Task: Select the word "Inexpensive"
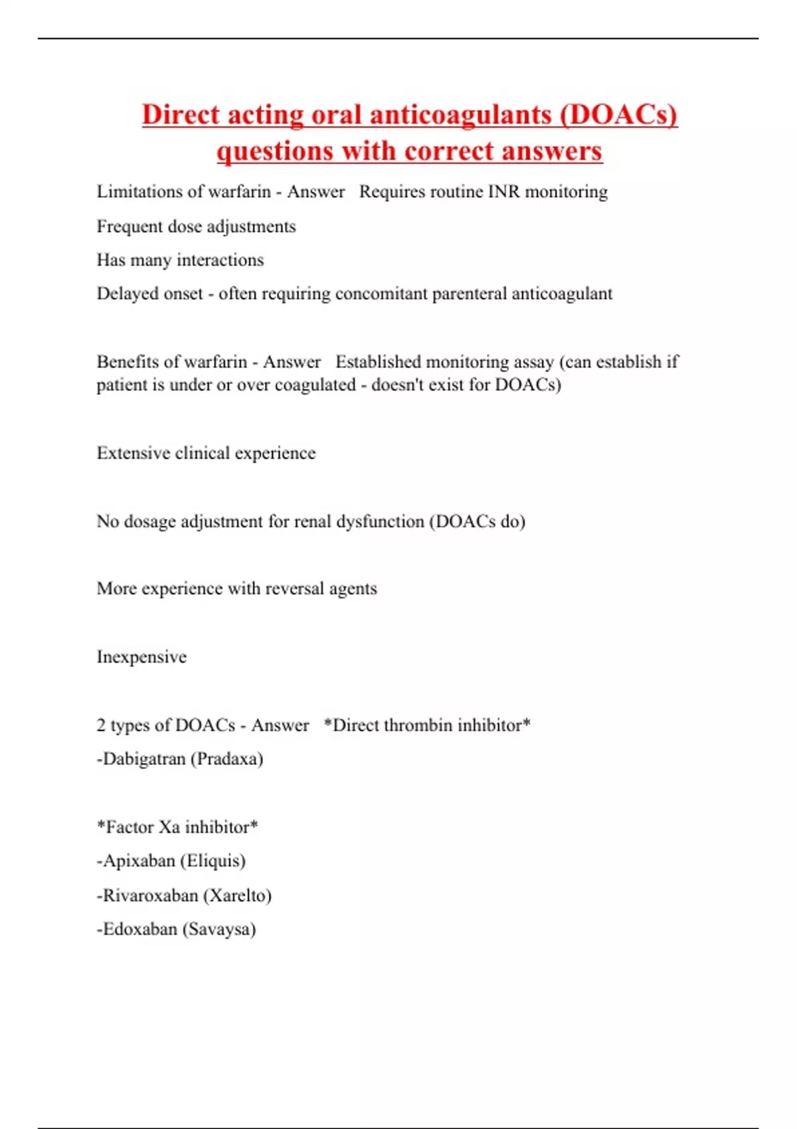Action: pos(141,657)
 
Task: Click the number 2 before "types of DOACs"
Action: pos(101,725)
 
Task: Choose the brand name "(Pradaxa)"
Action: pos(226,759)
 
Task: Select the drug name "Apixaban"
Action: pos(138,861)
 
